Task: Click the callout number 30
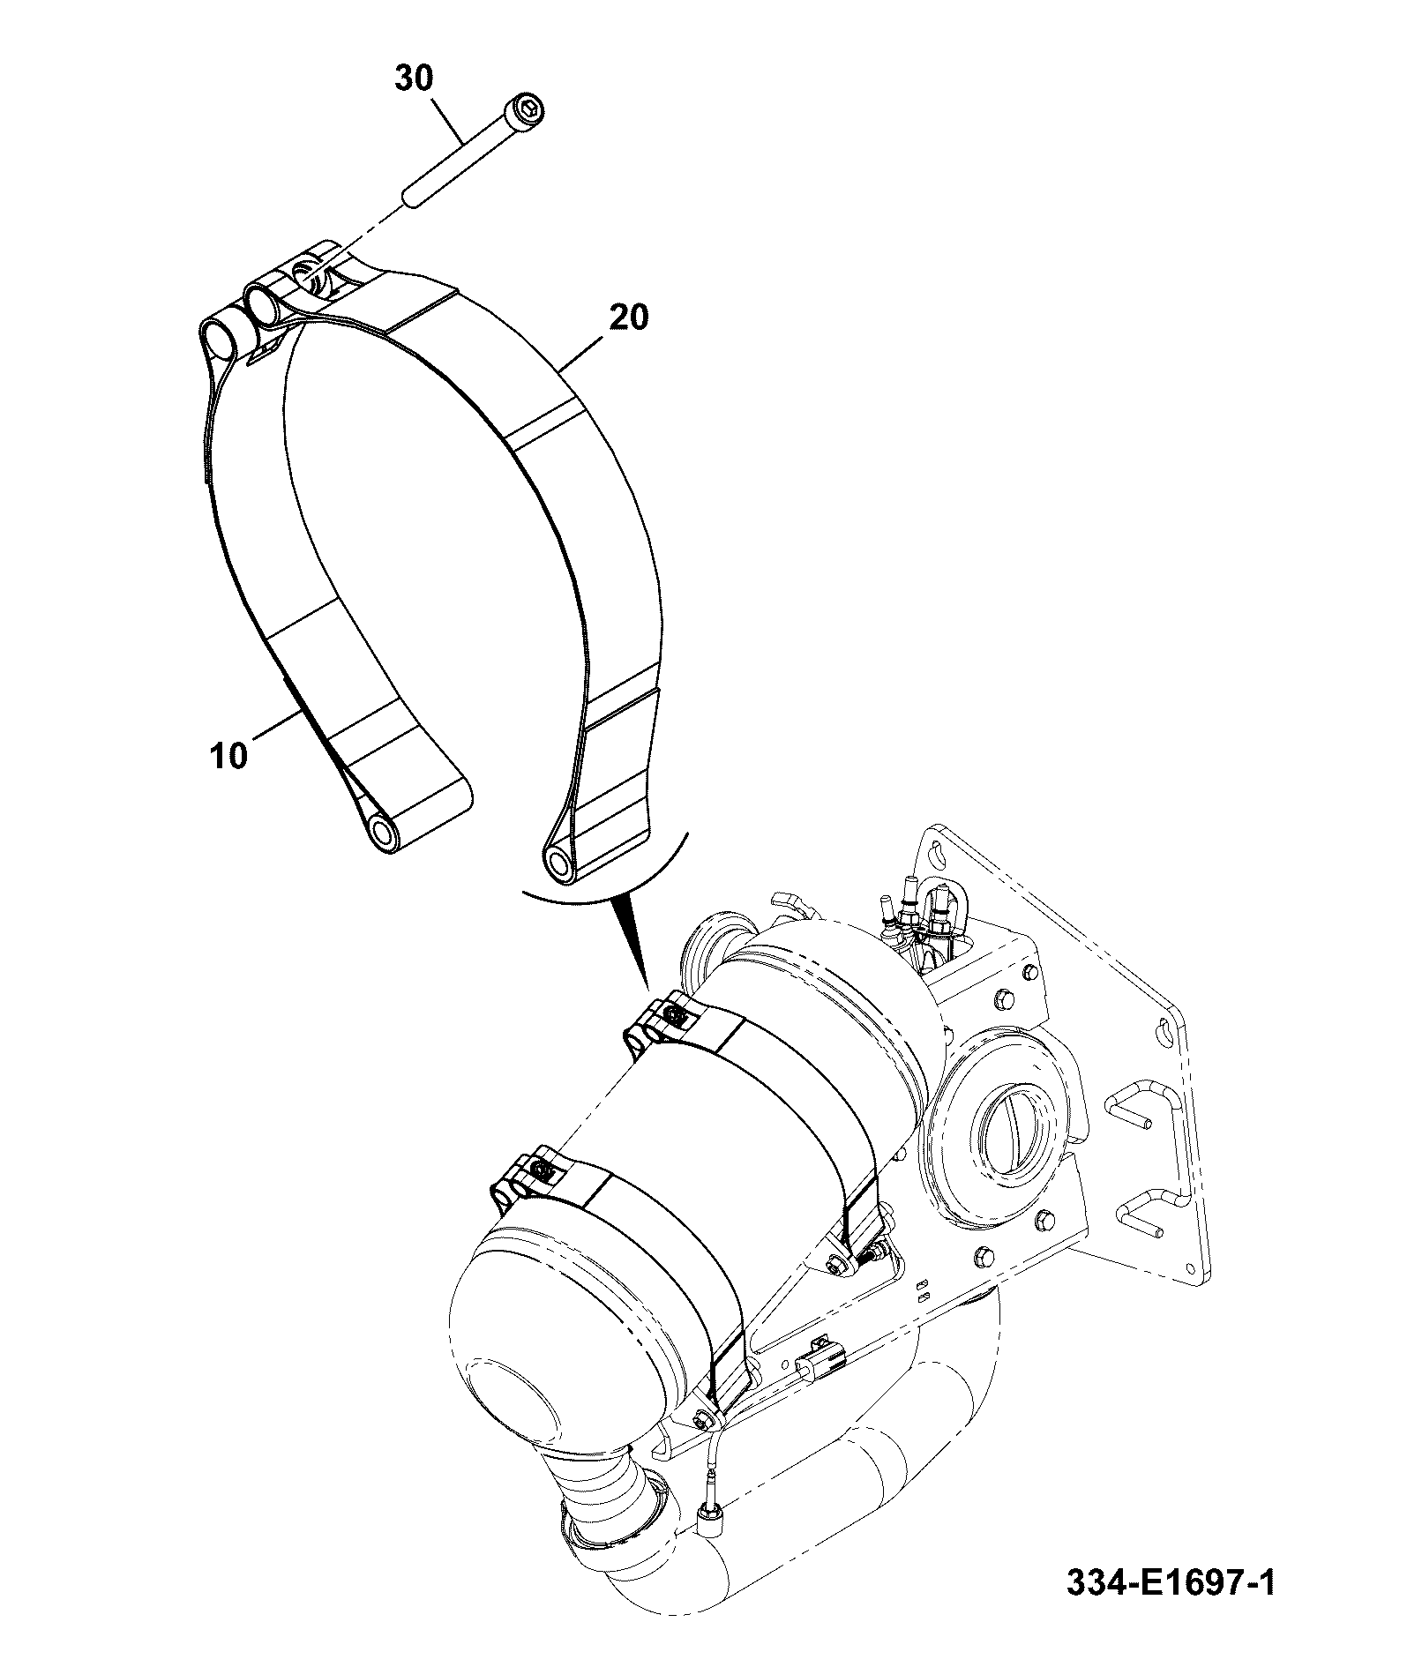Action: coord(414,78)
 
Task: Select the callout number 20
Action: coord(627,317)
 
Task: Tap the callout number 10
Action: coord(229,756)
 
